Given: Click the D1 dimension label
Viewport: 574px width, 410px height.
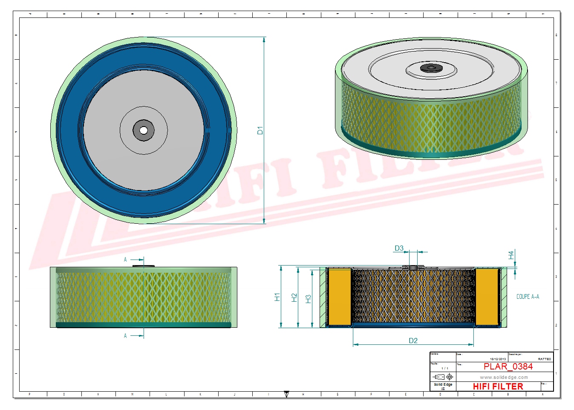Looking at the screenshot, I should click(x=260, y=130).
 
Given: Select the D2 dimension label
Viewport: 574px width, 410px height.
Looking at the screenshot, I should click(x=413, y=341).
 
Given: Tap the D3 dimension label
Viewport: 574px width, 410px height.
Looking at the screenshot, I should click(x=399, y=248).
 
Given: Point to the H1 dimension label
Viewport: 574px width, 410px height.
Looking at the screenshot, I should click(x=277, y=297).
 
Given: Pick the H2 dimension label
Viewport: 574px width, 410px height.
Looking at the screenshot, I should click(x=294, y=297).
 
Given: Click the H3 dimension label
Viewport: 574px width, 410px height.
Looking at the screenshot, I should click(x=309, y=299).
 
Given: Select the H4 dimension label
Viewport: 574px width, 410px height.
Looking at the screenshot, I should click(x=511, y=255).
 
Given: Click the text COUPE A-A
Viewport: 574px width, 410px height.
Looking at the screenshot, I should click(x=528, y=297).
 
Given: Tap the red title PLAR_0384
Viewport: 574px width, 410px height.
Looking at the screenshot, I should click(x=508, y=367).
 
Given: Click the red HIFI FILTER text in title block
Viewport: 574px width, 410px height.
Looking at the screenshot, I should click(x=498, y=387).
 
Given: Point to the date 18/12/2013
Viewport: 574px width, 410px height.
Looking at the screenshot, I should click(x=498, y=359).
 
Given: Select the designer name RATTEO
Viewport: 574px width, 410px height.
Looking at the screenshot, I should click(x=544, y=359).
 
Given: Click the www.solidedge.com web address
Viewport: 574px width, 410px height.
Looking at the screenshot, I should click(x=504, y=377).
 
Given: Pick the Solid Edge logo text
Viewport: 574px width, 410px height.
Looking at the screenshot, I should click(x=443, y=385).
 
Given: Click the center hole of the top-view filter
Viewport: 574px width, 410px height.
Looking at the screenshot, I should click(x=144, y=130).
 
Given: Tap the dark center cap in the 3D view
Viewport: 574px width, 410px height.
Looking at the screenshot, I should click(x=431, y=68).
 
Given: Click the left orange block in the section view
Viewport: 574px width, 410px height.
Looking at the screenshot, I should click(x=340, y=297).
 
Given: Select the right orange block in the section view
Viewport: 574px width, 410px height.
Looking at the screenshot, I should click(x=487, y=297).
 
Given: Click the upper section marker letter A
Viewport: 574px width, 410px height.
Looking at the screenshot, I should click(x=125, y=260).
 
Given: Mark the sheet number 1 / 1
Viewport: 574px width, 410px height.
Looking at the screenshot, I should click(x=444, y=368).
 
